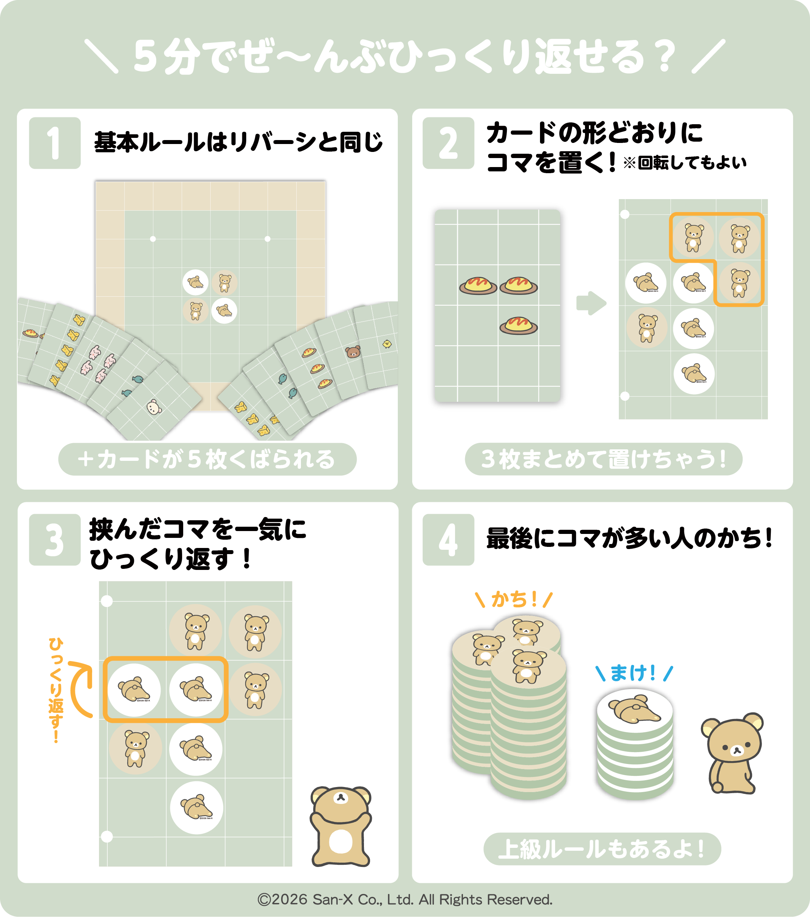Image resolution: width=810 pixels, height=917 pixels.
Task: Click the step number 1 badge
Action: pos(55,143)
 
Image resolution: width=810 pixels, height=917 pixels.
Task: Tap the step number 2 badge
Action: pos(448,143)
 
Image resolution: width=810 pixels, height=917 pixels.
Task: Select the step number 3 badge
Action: pos(55,540)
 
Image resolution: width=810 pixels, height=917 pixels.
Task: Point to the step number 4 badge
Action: pos(448,540)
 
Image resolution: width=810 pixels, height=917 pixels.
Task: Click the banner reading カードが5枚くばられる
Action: pos(207,459)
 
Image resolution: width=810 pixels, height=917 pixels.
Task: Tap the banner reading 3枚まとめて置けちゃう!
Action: pos(604,459)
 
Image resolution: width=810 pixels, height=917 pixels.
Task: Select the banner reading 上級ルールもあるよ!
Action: pos(602,849)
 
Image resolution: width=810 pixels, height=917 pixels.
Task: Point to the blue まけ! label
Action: pos(634,673)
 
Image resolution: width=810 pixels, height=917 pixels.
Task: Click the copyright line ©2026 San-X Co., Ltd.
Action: pos(405,899)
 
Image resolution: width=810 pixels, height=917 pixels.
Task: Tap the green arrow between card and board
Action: pos(591,303)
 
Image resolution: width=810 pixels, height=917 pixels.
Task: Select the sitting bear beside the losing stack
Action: pos(732,754)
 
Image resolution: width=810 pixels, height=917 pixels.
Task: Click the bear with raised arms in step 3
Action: pos(341,826)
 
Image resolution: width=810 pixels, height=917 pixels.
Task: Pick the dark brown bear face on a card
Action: pos(353,352)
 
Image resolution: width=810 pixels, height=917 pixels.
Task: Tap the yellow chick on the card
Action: pos(387,344)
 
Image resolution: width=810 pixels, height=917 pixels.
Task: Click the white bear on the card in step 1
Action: pos(154,407)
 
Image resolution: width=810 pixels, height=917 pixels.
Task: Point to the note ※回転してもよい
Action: pos(684,162)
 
